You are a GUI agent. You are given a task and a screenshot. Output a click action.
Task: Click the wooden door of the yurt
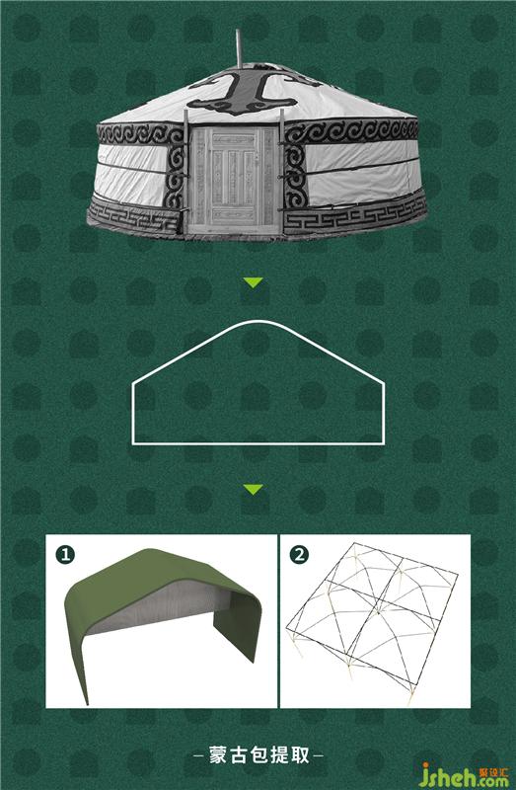coord(233,180)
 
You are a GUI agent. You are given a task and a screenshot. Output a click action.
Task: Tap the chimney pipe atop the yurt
coord(239,48)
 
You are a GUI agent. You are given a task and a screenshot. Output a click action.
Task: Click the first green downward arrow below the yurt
coord(253,282)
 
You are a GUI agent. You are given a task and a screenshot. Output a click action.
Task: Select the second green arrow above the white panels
coord(253,489)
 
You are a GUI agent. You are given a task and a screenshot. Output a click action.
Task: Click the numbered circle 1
coord(65,555)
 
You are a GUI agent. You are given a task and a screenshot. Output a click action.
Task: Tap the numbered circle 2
coord(300,555)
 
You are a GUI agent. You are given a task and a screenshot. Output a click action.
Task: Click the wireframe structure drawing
coord(373,622)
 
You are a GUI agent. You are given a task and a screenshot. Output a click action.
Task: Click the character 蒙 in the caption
coord(218,755)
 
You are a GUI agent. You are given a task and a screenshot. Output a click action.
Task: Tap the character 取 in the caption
coord(301,755)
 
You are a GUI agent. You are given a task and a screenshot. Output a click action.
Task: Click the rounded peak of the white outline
coord(258,321)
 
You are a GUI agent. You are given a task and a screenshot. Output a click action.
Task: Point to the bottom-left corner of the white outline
coord(132,443)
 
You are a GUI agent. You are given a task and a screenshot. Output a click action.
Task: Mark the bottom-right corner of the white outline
coord(384,443)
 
